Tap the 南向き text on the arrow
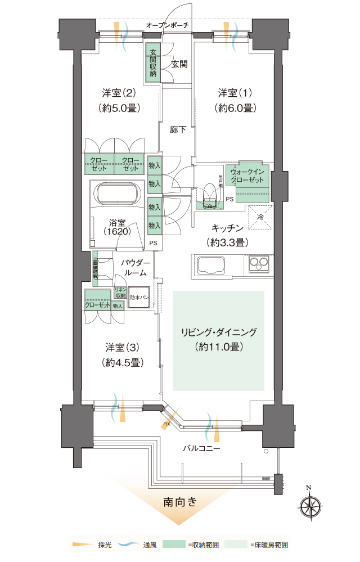[x=180, y=502]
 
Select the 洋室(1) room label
[x=236, y=99]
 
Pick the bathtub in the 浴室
[x=118, y=195]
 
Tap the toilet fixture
[x=210, y=194]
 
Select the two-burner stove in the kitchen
[x=259, y=262]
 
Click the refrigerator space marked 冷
[x=260, y=217]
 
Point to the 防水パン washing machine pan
[x=138, y=297]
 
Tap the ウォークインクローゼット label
[x=247, y=176]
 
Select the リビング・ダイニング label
[x=218, y=339]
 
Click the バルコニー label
[x=201, y=449]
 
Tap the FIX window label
[x=166, y=423]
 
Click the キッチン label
[x=227, y=235]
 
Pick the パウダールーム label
[x=135, y=268]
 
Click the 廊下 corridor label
[x=178, y=130]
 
